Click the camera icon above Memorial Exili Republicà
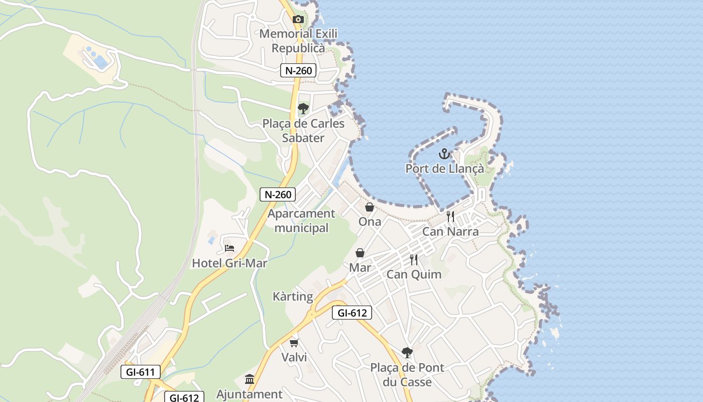(298, 20)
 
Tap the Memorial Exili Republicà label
(298, 41)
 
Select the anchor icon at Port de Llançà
(444, 154)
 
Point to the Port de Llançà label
(445, 168)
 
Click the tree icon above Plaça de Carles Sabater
(303, 109)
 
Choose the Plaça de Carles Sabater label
(303, 131)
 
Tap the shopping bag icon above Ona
(370, 207)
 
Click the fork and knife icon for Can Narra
(450, 217)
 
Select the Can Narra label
(450, 232)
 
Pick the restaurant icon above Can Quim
(414, 260)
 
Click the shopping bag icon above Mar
(360, 253)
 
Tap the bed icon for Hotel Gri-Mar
(229, 248)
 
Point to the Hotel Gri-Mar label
(229, 263)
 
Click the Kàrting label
(293, 296)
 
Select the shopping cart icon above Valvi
(294, 343)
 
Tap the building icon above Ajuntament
(250, 379)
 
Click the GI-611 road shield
(141, 372)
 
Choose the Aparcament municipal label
(301, 221)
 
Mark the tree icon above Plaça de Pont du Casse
(407, 353)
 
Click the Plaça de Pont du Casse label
(407, 375)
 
